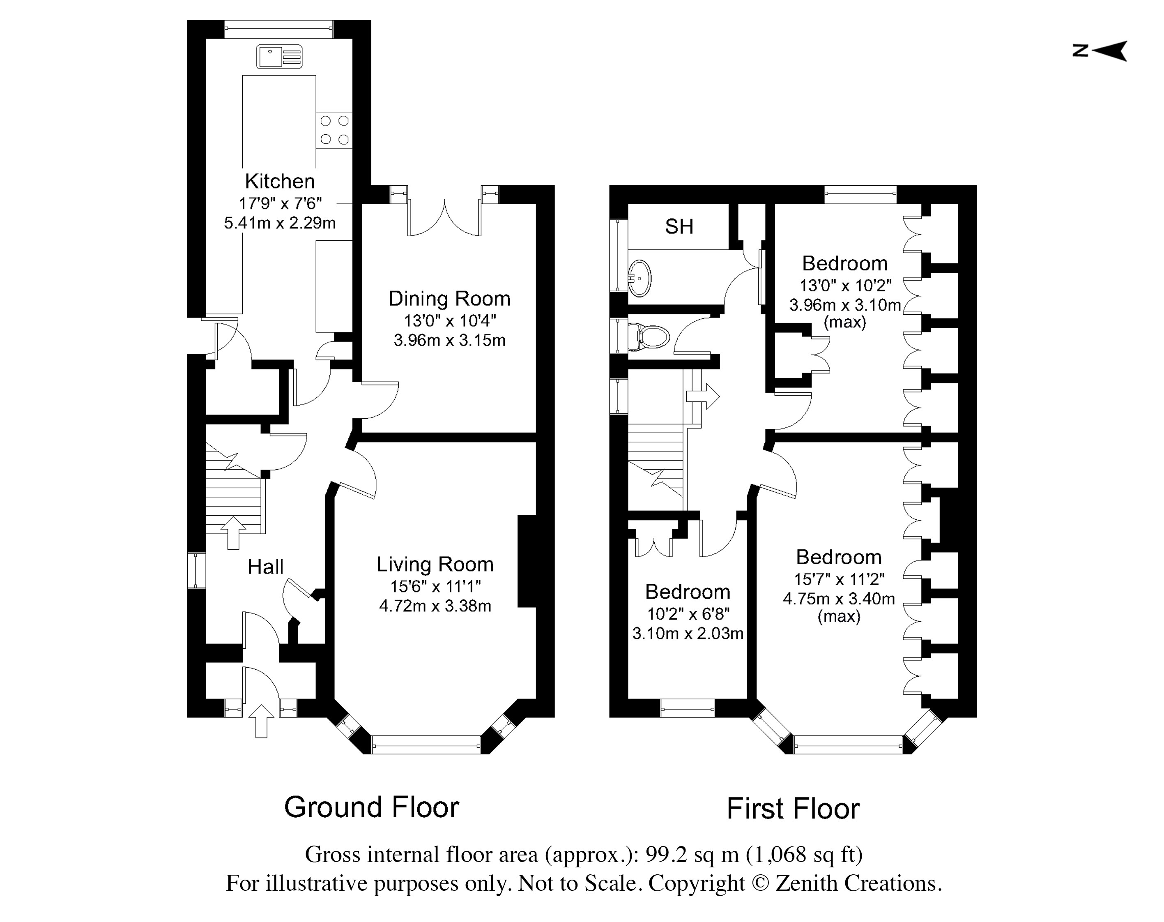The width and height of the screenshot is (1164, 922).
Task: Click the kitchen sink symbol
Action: (279, 57)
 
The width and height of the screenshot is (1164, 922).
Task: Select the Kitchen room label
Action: (280, 181)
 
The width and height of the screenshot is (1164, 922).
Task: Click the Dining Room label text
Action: (449, 299)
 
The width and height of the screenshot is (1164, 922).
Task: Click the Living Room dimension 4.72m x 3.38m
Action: (435, 606)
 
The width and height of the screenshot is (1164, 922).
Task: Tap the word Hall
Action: (265, 567)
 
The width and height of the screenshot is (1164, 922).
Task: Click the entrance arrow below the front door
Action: (261, 721)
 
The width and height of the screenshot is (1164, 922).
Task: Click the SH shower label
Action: (679, 227)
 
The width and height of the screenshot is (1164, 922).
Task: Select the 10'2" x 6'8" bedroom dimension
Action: (688, 614)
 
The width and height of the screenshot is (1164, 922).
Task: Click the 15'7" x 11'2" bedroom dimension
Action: (839, 579)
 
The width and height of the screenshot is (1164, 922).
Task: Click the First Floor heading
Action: (793, 808)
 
